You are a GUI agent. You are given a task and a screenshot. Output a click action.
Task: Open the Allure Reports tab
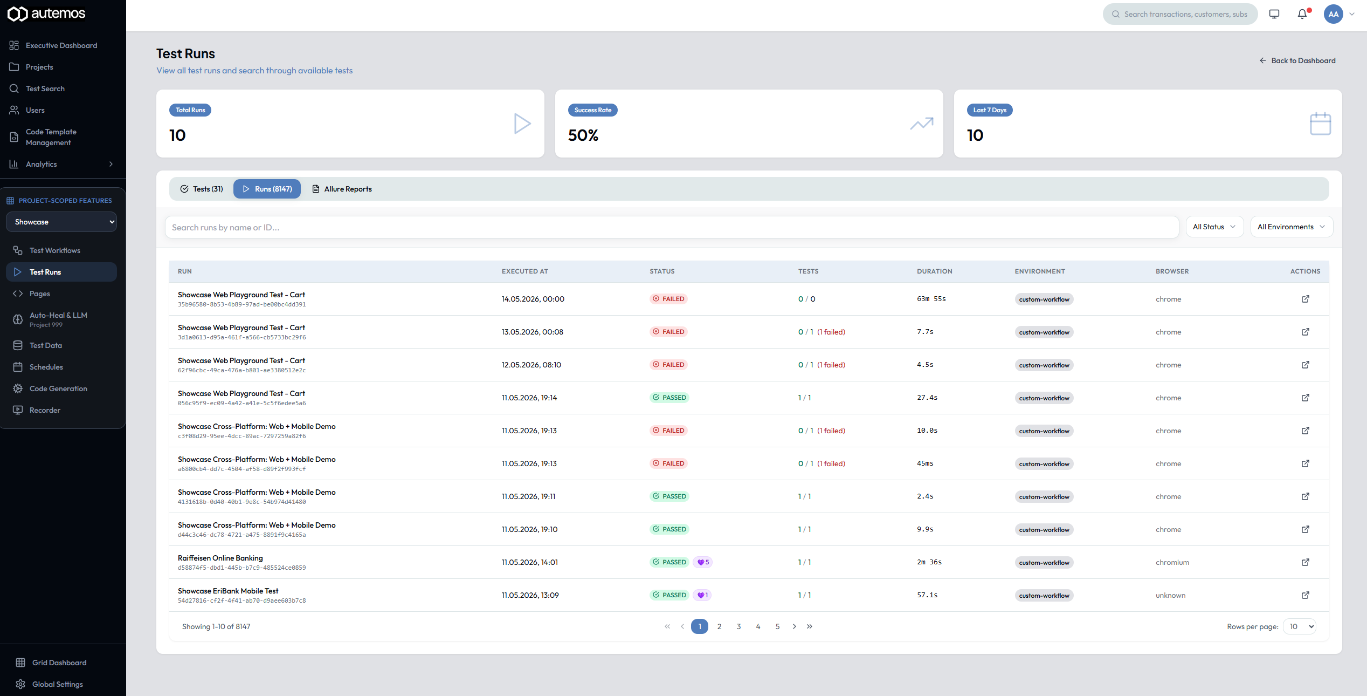click(342, 189)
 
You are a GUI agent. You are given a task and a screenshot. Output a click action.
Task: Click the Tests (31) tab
click(202, 189)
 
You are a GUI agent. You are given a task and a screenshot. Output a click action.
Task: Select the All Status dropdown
click(1214, 227)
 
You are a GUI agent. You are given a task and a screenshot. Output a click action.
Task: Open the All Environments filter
click(1292, 227)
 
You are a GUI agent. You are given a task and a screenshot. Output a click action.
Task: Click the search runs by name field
click(672, 228)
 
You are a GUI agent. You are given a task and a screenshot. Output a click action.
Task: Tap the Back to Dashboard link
click(1297, 61)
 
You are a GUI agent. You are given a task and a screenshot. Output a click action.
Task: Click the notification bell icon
click(1302, 14)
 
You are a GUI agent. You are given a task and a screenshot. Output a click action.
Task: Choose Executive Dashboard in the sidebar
click(61, 45)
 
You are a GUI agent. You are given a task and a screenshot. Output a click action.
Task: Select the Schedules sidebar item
click(46, 367)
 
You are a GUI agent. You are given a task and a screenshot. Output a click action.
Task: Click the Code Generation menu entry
click(58, 388)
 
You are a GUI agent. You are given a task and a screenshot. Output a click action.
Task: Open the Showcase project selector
click(61, 222)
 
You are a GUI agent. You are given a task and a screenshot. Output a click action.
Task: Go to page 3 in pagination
click(738, 626)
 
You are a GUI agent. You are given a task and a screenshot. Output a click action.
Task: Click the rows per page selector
click(1300, 626)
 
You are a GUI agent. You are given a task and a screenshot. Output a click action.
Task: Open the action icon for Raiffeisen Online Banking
click(1306, 562)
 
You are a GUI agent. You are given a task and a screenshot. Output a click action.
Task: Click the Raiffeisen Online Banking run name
click(220, 558)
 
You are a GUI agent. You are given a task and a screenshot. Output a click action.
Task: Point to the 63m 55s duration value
click(931, 299)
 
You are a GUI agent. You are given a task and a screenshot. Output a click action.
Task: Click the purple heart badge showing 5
click(703, 562)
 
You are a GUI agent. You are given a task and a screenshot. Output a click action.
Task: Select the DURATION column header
click(935, 271)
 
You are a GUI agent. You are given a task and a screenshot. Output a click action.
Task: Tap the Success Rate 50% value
click(583, 135)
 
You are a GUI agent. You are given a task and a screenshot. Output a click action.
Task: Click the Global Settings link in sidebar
click(58, 684)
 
